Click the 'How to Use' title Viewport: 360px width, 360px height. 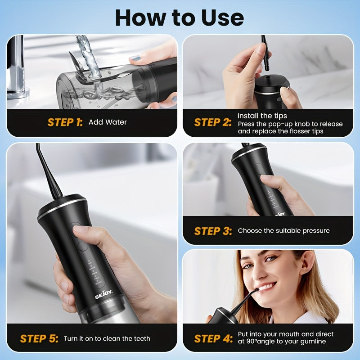click(180, 17)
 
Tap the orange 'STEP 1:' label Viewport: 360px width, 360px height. click(65, 122)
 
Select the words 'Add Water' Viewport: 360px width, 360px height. click(108, 122)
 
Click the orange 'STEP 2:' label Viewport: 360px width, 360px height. click(212, 122)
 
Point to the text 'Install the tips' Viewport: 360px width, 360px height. click(262, 116)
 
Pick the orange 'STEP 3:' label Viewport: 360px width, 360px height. click(212, 231)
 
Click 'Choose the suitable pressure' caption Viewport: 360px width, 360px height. click(283, 231)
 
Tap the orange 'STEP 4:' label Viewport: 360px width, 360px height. click(212, 338)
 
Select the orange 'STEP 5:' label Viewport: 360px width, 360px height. click(39, 338)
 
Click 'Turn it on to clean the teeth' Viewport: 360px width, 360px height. click(107, 338)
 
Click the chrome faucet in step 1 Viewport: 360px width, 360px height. click(18, 67)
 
